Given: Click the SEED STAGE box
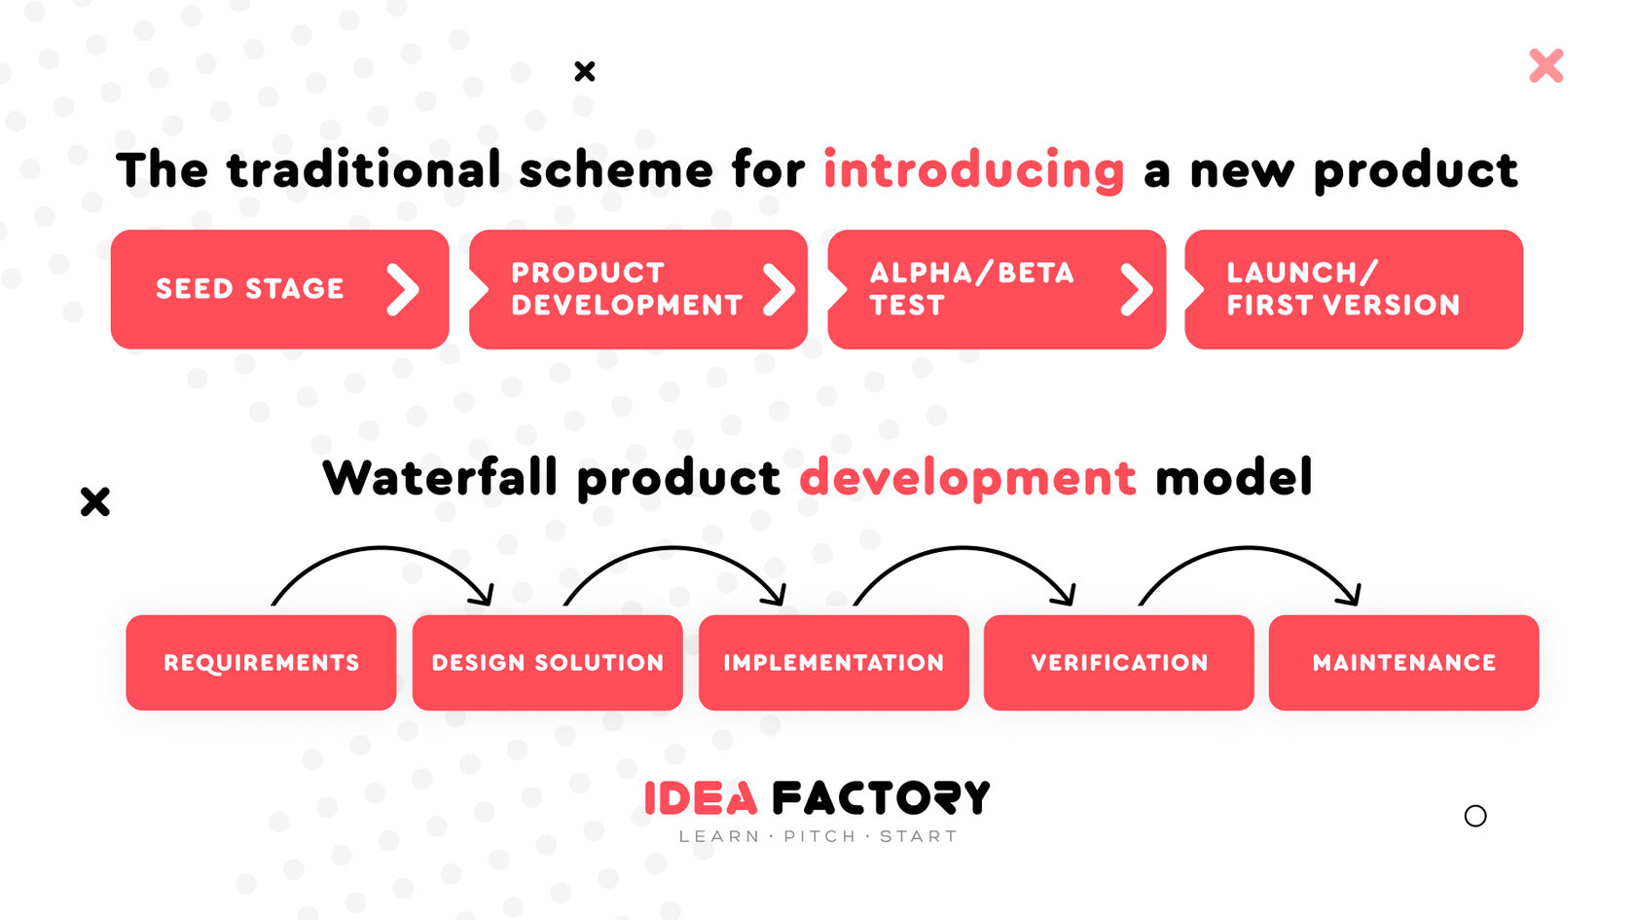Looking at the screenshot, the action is click(x=279, y=289).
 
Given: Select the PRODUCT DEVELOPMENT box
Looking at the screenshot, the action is click(x=638, y=289).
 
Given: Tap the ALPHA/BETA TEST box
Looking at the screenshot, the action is click(x=997, y=289).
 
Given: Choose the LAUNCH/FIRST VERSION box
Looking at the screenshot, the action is click(x=1353, y=289).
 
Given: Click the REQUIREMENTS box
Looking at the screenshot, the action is click(x=261, y=662).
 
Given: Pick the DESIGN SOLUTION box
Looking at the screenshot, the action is click(x=547, y=662).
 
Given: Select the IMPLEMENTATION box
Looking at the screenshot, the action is click(x=833, y=662).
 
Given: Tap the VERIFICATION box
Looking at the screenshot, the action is click(x=1119, y=662).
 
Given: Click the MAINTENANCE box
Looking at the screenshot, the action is click(x=1403, y=662).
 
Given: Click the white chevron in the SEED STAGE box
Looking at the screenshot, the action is click(x=404, y=290).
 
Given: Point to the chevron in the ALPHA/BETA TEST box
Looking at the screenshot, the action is click(x=1137, y=290).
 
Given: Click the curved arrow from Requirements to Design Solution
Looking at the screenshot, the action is click(x=382, y=547).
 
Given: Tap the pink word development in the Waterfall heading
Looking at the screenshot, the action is click(x=967, y=479).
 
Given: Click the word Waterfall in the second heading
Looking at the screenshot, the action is click(x=440, y=477).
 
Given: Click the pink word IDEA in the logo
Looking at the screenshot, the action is click(x=701, y=797).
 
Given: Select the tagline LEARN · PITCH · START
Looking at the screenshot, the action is click(x=817, y=836).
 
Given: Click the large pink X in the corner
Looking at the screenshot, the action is click(x=1545, y=66).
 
